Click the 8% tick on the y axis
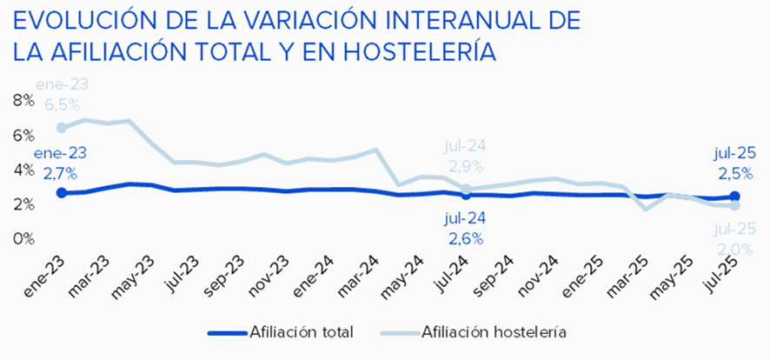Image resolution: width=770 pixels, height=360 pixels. (x=23, y=100)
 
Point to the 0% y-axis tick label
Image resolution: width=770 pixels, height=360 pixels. (x=23, y=237)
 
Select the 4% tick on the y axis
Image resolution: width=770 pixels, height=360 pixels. (x=23, y=169)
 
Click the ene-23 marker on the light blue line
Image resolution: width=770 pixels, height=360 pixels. (x=61, y=127)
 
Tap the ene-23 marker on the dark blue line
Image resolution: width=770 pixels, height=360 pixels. (x=61, y=192)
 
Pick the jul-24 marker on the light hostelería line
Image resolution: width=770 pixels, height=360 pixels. (x=466, y=189)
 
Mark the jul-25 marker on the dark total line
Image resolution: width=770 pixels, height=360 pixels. (x=734, y=197)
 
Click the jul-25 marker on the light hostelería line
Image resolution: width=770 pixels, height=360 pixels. (x=734, y=205)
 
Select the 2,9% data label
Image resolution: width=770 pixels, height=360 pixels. (x=468, y=165)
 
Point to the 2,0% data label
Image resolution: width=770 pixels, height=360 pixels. (x=733, y=250)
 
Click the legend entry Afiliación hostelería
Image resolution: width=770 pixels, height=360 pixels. (x=494, y=331)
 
